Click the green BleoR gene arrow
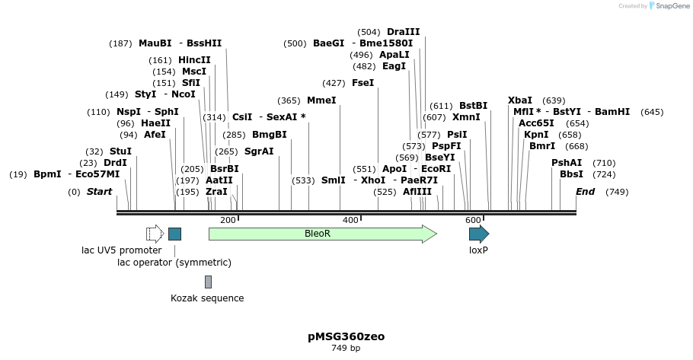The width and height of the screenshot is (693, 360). pyautogui.click(x=321, y=234)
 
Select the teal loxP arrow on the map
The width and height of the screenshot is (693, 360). pyautogui.click(x=478, y=234)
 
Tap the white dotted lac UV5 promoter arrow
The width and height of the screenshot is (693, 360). pyautogui.click(x=155, y=234)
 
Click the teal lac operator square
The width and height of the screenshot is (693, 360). pyautogui.click(x=174, y=234)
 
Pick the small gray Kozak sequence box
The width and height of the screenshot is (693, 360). pyautogui.click(x=208, y=282)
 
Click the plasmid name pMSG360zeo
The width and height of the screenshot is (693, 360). pyautogui.click(x=346, y=336)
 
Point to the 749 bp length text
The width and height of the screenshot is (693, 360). pyautogui.click(x=346, y=348)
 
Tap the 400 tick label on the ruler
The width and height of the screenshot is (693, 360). pyautogui.click(x=350, y=220)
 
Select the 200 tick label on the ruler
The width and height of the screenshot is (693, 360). pyautogui.click(x=228, y=220)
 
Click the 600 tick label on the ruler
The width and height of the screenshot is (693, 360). pyautogui.click(x=473, y=220)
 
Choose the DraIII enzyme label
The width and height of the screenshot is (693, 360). pyautogui.click(x=403, y=32)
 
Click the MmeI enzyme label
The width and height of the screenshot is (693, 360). pyautogui.click(x=321, y=100)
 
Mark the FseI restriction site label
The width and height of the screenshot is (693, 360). pyautogui.click(x=362, y=83)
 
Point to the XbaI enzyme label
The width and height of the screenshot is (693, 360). pyautogui.click(x=520, y=100)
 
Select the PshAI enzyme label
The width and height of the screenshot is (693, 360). pyautogui.click(x=567, y=163)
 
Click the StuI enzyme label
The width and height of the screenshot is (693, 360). pyautogui.click(x=120, y=151)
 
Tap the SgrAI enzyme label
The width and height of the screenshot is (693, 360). pyautogui.click(x=259, y=151)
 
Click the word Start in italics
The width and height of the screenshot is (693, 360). pyautogui.click(x=99, y=192)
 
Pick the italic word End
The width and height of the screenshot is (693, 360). pyautogui.click(x=586, y=192)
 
